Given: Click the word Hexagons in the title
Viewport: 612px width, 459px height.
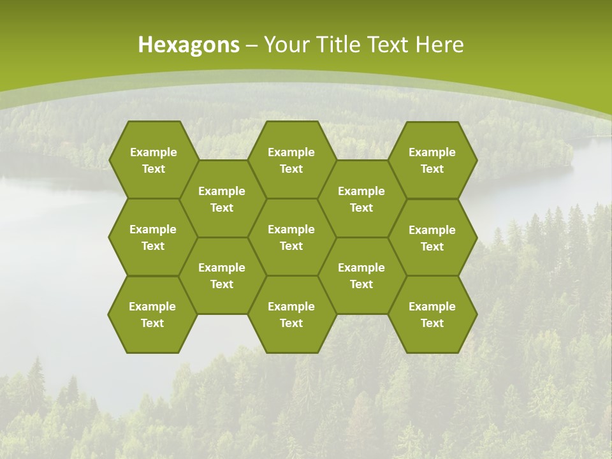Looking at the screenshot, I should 189,45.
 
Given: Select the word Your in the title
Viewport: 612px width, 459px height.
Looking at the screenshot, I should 286,45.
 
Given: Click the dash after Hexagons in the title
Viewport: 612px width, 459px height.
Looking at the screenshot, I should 252,45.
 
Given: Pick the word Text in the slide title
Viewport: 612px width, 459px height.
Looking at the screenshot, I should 389,45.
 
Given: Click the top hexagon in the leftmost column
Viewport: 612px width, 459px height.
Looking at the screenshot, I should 153,160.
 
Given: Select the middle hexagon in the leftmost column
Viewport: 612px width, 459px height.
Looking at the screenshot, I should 153,237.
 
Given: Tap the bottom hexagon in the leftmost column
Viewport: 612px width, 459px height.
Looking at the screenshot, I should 152,314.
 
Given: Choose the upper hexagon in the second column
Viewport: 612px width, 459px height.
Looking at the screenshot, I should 222,199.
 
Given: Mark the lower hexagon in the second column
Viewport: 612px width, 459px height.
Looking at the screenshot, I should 222,275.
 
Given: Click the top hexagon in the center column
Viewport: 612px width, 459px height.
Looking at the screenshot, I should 291,160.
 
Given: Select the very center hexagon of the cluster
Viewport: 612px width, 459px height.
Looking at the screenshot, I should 291,237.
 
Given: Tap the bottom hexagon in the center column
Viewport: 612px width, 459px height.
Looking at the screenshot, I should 291,314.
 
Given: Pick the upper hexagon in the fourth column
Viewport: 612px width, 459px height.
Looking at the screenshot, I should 361,199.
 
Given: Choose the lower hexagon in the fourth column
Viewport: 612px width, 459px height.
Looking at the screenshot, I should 361,275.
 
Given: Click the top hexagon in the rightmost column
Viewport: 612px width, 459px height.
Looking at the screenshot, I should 432,160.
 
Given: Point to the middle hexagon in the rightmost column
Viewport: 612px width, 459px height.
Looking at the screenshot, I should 432,238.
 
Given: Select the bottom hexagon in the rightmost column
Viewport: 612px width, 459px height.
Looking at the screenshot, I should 432,314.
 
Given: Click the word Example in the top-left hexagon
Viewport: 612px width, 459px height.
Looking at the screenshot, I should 153,152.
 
